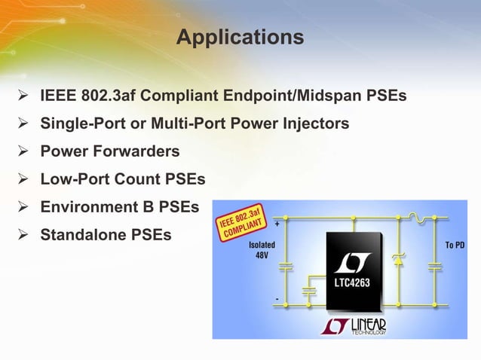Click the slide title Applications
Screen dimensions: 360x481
point(240,37)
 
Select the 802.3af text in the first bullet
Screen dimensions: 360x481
point(107,96)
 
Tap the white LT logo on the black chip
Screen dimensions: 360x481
point(353,263)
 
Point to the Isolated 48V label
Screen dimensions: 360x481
point(262,251)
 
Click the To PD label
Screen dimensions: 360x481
point(454,246)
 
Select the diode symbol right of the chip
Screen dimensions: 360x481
point(397,258)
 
